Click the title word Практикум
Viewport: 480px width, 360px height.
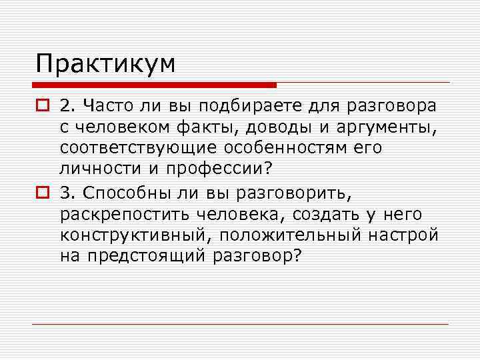point(106,65)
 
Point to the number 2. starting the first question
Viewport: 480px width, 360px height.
point(67,106)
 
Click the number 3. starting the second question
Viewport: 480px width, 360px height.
point(67,193)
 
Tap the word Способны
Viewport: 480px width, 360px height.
point(121,193)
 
